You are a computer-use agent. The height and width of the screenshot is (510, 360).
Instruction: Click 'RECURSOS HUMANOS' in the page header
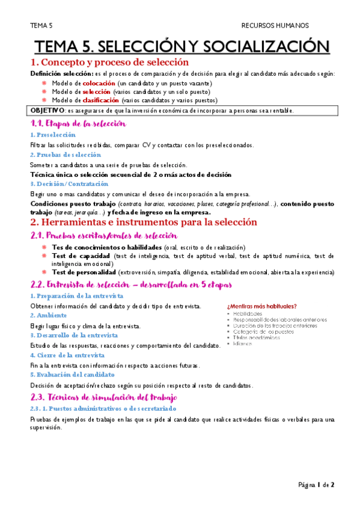pos(275,25)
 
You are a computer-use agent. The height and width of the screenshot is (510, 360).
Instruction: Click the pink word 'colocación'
pos(99,82)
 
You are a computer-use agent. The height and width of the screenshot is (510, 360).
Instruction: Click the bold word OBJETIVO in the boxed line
pos(47,110)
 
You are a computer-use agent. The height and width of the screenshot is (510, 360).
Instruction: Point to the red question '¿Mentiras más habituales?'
pos(262,307)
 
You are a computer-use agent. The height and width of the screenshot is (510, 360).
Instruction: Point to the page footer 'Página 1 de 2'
pos(317,484)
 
